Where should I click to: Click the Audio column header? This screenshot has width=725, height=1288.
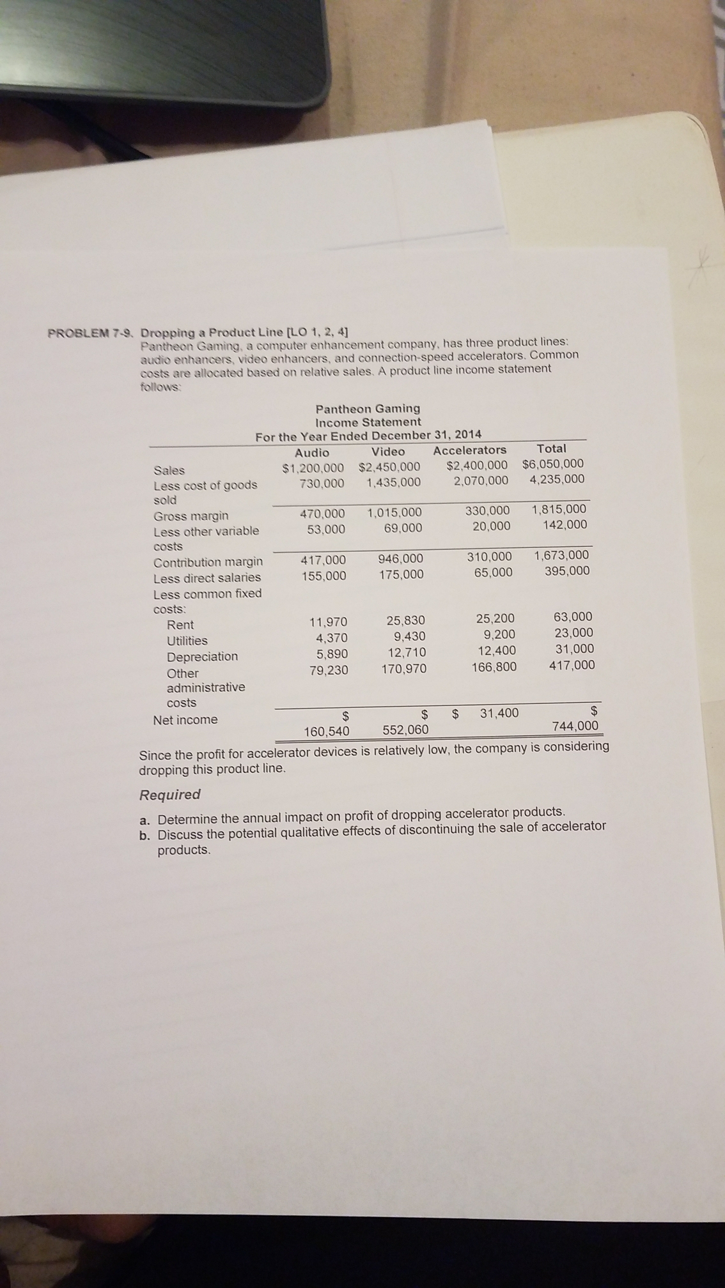click(x=312, y=452)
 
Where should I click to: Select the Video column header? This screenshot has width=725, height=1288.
click(x=388, y=452)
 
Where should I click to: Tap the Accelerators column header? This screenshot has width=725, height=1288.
click(x=469, y=450)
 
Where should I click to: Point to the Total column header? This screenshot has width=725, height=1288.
click(x=551, y=448)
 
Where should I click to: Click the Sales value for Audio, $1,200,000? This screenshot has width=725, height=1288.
click(x=313, y=468)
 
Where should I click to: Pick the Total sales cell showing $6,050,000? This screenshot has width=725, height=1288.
click(x=552, y=464)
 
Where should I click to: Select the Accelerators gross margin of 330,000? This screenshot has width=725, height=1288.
click(x=488, y=510)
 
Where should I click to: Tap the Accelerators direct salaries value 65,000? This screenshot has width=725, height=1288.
click(x=493, y=572)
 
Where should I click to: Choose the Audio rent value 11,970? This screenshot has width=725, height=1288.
click(x=328, y=622)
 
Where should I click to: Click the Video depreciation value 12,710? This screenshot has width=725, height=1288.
click(x=407, y=653)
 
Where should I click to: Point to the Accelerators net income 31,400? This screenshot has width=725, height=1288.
click(x=499, y=713)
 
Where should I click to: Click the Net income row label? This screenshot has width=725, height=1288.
click(x=185, y=720)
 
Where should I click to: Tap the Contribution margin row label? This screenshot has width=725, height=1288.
click(x=208, y=562)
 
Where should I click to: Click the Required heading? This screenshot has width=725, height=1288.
click(x=170, y=795)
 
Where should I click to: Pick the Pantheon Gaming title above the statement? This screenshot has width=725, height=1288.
click(x=368, y=408)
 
